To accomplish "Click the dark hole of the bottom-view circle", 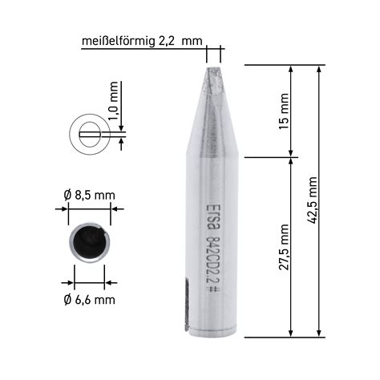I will [89, 244].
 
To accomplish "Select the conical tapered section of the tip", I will [213, 120].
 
